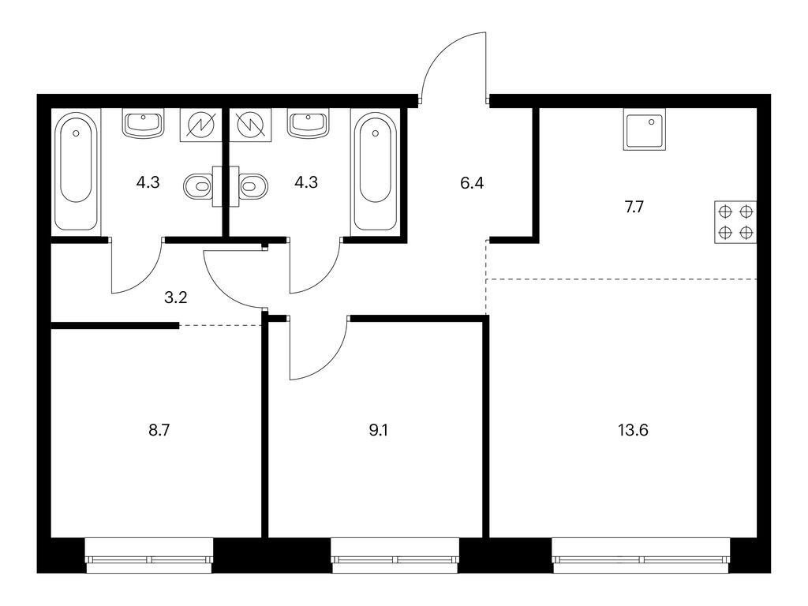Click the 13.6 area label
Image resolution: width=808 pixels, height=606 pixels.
pyautogui.click(x=633, y=430)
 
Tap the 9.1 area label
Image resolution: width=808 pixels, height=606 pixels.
pyautogui.click(x=378, y=430)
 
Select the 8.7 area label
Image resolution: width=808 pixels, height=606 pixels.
pyautogui.click(x=159, y=430)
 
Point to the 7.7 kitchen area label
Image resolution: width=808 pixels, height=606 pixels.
pyautogui.click(x=634, y=208)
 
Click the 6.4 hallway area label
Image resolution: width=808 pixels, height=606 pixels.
pyautogui.click(x=472, y=182)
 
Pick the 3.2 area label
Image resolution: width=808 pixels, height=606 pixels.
pyautogui.click(x=175, y=297)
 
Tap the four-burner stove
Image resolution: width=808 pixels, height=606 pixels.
pyautogui.click(x=735, y=222)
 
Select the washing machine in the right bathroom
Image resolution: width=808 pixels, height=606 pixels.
pyautogui.click(x=250, y=125)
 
